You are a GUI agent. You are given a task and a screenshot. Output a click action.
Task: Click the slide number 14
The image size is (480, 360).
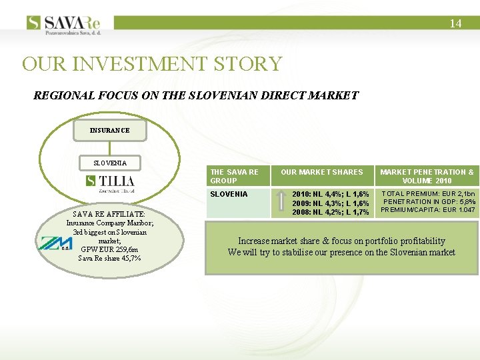[x=455, y=23]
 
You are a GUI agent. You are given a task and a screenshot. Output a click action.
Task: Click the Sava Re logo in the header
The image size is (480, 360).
[x=66, y=23]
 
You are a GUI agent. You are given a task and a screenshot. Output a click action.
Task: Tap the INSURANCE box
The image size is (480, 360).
[x=110, y=131]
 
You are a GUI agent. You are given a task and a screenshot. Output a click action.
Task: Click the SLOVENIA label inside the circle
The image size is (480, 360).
[x=109, y=163]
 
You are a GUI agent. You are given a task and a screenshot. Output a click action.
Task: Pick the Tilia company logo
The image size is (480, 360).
[x=110, y=183]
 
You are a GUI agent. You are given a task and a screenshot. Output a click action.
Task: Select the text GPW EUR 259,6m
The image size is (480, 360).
[x=109, y=249]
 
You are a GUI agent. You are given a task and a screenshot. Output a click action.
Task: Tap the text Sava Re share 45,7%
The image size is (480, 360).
[x=109, y=258]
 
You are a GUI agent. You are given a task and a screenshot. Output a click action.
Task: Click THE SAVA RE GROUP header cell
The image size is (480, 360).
[x=235, y=176]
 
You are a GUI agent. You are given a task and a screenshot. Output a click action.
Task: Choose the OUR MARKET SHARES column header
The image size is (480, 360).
[x=321, y=172]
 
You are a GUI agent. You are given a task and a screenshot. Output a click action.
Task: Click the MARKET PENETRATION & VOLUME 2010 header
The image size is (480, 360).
[x=427, y=176]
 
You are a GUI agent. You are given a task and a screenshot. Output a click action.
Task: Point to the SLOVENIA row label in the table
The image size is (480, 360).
[x=229, y=194]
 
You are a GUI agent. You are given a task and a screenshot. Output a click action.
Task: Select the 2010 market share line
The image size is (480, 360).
[x=331, y=194]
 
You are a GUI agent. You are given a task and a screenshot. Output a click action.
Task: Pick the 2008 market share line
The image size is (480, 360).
[x=331, y=212]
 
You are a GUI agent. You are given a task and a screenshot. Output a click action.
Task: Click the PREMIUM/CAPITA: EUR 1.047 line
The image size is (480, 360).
[x=427, y=210]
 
